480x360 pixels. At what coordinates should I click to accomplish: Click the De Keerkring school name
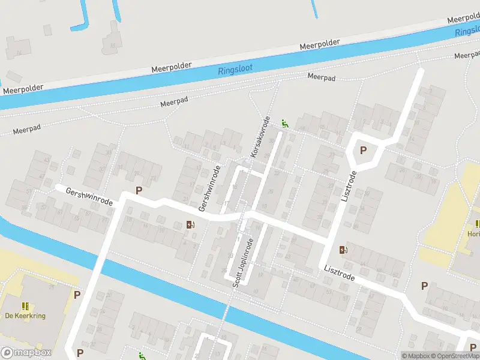click(x=25, y=316)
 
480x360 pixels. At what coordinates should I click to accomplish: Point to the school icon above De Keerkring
click(x=26, y=305)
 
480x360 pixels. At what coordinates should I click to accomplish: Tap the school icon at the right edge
click(x=476, y=223)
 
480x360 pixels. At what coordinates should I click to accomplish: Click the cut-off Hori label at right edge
click(x=473, y=234)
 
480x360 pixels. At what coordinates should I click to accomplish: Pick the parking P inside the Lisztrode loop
click(x=363, y=151)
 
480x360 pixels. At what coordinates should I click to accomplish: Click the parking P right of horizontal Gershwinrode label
click(x=139, y=191)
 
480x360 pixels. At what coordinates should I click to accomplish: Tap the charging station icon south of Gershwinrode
click(x=191, y=225)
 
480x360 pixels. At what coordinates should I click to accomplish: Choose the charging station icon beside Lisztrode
click(x=344, y=250)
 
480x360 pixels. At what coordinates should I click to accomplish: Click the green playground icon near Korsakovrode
click(x=285, y=124)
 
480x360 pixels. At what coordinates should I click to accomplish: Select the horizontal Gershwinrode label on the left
click(x=90, y=196)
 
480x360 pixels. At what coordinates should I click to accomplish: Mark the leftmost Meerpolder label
click(x=23, y=88)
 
